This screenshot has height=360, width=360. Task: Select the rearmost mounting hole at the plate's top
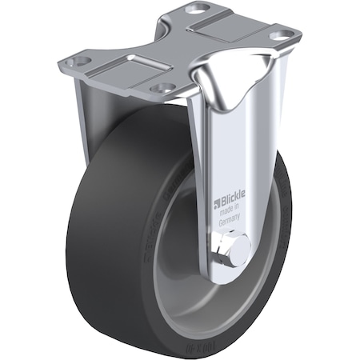[x=195, y=9]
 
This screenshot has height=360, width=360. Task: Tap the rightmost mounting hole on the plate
[x=280, y=35]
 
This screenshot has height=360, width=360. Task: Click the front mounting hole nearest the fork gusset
[x=163, y=87]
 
